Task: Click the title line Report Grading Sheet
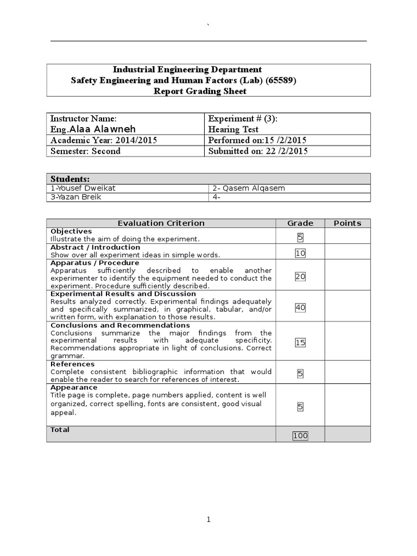(200, 91)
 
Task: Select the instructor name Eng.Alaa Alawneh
(93, 129)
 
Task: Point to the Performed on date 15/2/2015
(257, 141)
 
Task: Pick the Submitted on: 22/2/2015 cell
(258, 151)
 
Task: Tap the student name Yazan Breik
(75, 197)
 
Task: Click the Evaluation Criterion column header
(161, 223)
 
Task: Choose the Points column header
(347, 223)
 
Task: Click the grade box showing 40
(300, 308)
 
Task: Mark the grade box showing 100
(300, 435)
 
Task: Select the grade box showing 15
(300, 343)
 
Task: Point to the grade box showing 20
(300, 276)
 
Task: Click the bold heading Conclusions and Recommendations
(120, 325)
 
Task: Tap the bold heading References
(72, 364)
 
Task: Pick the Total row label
(60, 429)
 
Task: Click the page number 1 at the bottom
(208, 520)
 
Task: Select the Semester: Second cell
(85, 151)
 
